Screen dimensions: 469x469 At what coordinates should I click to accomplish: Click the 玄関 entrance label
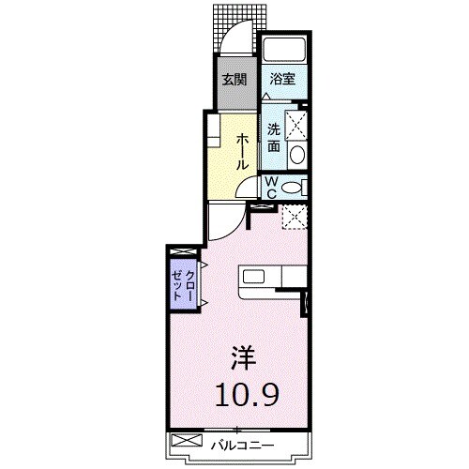[x=234, y=80]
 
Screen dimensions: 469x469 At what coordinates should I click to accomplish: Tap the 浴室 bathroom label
[x=282, y=79]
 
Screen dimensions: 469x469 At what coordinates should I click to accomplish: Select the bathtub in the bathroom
[x=284, y=49]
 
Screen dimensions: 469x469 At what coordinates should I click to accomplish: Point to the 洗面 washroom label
[x=274, y=138]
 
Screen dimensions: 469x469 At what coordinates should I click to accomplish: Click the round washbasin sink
[x=297, y=155]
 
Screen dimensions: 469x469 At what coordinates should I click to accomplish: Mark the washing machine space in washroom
[x=296, y=124]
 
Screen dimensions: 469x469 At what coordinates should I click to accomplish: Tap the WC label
[x=272, y=188]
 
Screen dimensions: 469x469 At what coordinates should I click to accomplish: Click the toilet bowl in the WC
[x=292, y=188]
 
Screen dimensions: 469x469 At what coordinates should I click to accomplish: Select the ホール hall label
[x=242, y=151]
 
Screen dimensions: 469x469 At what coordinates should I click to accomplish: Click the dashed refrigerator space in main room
[x=295, y=217]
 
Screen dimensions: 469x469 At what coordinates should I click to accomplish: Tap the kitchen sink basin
[x=253, y=277]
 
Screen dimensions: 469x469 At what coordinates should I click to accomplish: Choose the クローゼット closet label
[x=184, y=284]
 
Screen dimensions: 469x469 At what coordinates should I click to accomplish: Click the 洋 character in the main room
[x=244, y=358]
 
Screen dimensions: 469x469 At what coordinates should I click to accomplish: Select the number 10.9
[x=247, y=395]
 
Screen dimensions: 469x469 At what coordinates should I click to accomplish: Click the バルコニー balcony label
[x=242, y=446]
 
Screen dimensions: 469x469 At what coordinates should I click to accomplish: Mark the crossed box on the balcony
[x=187, y=440]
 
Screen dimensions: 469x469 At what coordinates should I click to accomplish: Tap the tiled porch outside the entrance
[x=240, y=30]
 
